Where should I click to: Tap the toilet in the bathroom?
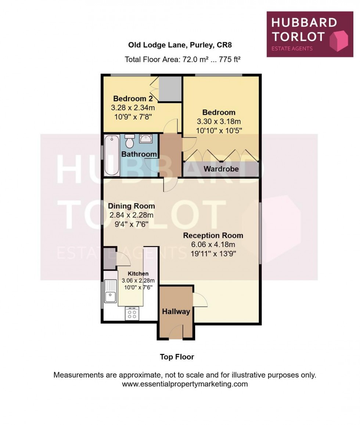(129, 140)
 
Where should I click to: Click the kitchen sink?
(110, 291)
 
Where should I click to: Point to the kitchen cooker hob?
(132, 313)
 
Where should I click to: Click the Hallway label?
(176, 311)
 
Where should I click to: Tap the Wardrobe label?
(221, 169)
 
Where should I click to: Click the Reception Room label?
(213, 235)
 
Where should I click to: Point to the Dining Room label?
(131, 206)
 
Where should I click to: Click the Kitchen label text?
(138, 274)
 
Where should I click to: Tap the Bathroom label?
(139, 154)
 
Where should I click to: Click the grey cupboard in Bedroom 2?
(169, 89)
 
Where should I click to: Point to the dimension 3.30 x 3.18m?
(219, 121)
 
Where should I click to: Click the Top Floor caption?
(177, 357)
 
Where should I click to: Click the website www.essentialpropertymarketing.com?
(185, 384)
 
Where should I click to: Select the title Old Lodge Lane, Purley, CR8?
(180, 45)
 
